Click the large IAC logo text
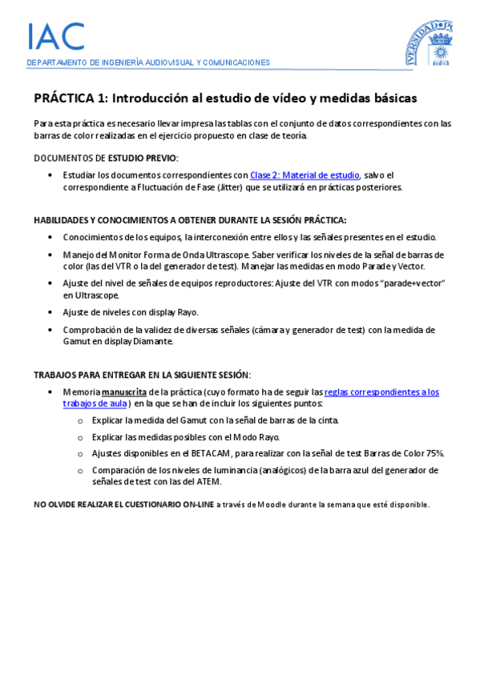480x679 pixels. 55,36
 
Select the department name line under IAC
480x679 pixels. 148,62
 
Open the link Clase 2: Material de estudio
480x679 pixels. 305,175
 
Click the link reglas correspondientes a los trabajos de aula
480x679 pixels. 381,392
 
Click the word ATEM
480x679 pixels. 208,482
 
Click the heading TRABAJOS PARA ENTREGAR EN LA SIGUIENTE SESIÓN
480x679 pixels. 142,375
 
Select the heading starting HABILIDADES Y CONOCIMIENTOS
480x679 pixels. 190,219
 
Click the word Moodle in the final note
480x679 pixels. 263,504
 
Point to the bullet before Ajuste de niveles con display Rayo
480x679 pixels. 51,312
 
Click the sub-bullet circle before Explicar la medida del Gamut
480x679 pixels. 79,420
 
